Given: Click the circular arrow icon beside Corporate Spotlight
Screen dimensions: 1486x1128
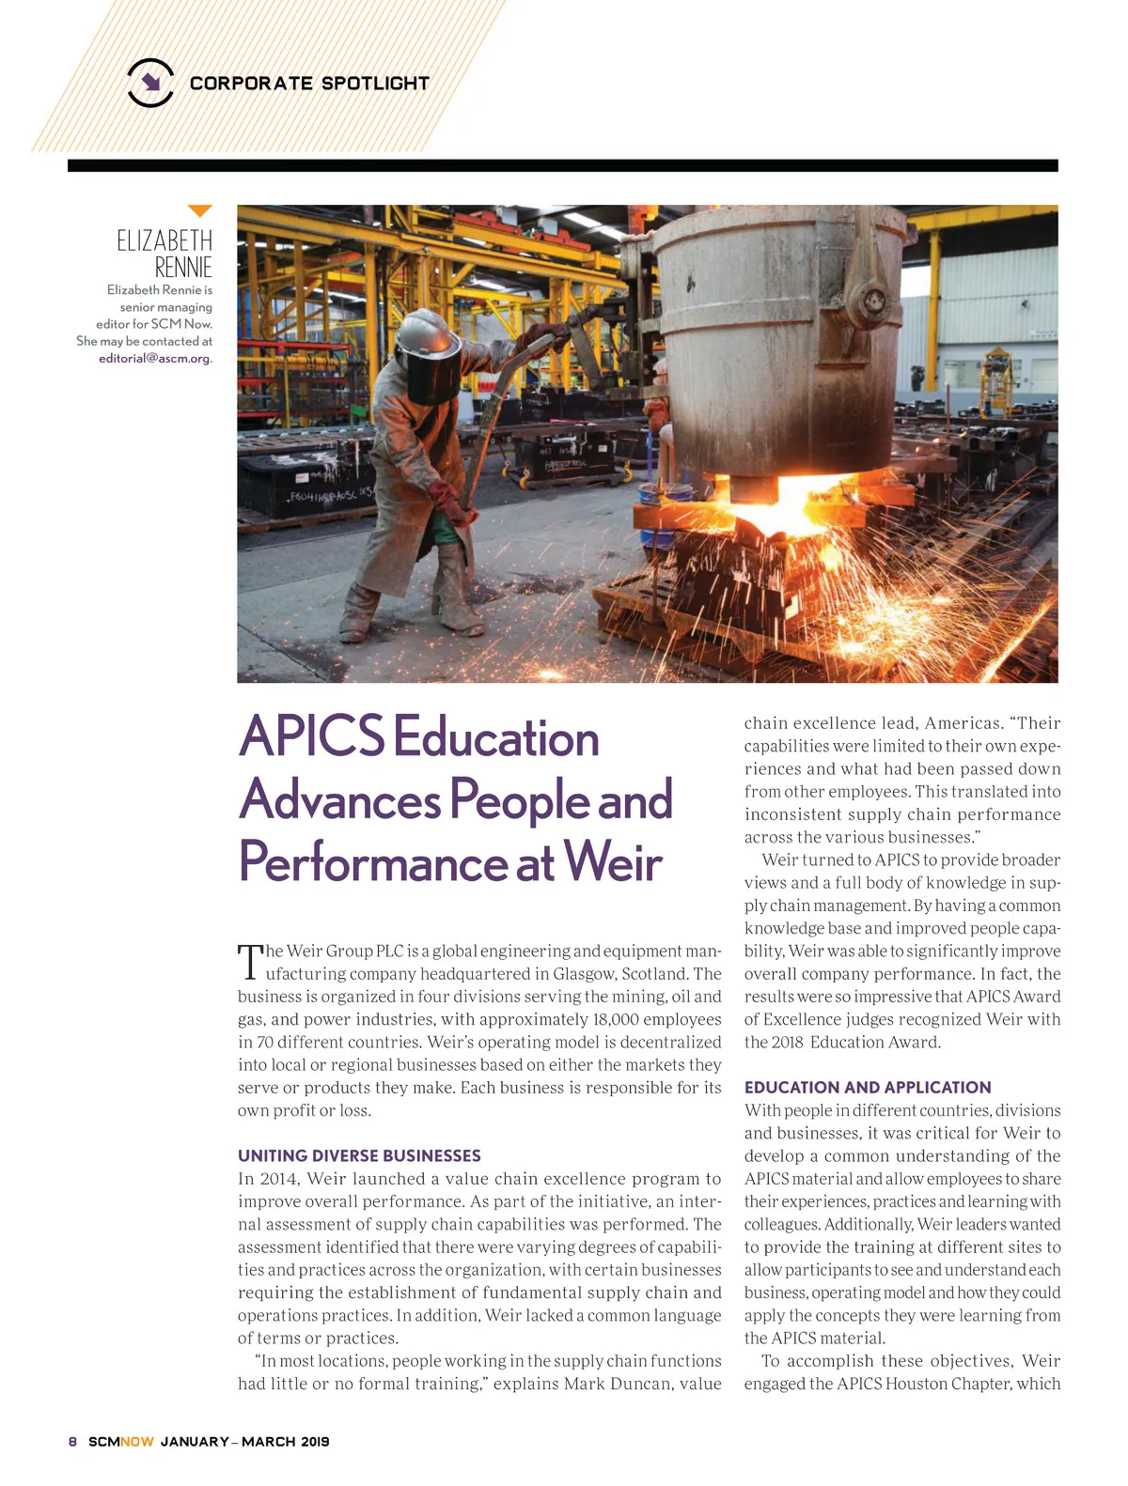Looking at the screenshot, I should click(150, 83).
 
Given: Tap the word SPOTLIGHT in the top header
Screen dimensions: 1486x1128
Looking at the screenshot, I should click(375, 84).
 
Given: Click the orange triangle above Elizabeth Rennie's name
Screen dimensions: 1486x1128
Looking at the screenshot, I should click(199, 211).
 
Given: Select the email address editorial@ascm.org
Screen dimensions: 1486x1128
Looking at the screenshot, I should click(155, 359).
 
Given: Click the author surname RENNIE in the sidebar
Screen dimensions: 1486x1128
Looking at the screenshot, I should click(183, 268).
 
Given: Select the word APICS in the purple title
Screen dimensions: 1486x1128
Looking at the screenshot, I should click(311, 736).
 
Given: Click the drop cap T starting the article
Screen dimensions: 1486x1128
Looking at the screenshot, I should click(250, 963).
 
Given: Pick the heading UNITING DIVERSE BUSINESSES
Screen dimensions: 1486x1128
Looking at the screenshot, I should click(359, 1156).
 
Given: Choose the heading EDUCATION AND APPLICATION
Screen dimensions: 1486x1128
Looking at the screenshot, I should click(867, 1088).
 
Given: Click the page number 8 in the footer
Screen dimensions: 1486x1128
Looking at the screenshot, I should click(72, 1442).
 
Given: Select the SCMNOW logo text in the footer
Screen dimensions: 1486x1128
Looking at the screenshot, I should click(120, 1442).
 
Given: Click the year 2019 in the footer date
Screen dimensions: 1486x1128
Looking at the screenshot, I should click(315, 1442).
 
